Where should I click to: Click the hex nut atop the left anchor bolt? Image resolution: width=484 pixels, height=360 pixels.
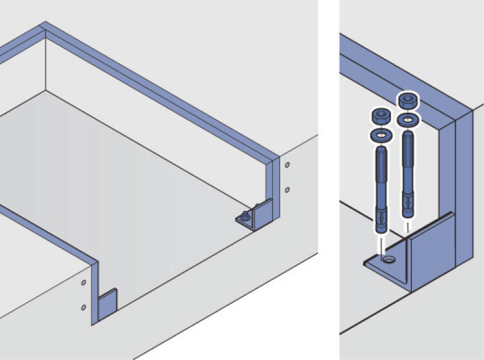click(380, 116)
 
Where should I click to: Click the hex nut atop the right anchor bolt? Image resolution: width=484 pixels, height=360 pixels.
click(407, 101)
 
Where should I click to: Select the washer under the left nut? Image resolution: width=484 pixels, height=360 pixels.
click(380, 135)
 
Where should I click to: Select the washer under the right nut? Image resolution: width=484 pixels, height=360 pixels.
click(407, 120)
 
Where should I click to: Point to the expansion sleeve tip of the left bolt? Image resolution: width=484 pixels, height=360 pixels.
click(380, 223)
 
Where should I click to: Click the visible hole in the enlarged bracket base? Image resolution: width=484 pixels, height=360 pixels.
click(388, 261)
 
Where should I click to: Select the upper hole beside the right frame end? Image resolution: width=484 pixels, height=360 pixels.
click(287, 165)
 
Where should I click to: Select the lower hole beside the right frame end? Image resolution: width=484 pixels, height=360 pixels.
click(287, 190)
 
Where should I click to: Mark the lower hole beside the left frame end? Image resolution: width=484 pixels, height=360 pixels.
click(83, 306)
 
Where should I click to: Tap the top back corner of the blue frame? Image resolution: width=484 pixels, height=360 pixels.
click(44, 27)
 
